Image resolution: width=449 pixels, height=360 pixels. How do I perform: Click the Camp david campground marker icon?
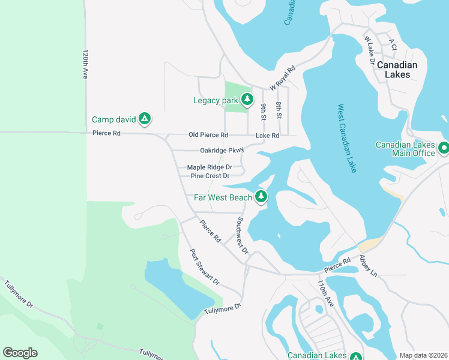(x=144, y=119)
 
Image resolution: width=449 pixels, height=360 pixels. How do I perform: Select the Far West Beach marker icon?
(x=261, y=196)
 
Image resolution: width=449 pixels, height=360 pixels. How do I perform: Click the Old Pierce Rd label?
(x=208, y=135)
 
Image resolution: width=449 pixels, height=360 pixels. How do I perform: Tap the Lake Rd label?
(x=268, y=136)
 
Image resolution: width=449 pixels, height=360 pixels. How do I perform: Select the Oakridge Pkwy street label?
(x=222, y=150)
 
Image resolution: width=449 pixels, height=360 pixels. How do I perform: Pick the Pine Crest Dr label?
(x=210, y=176)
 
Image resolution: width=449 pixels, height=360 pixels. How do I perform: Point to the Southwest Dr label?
(x=242, y=235)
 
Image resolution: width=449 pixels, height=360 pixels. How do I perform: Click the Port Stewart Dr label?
(x=205, y=267)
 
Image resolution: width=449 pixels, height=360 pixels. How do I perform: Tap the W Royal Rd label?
(x=283, y=78)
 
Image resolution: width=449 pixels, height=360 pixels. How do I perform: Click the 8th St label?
(x=279, y=110)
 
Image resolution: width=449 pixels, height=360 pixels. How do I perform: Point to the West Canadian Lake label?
(x=347, y=139)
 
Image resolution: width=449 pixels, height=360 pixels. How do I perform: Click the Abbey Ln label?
(x=368, y=265)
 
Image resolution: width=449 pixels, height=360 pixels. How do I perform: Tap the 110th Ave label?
(x=325, y=294)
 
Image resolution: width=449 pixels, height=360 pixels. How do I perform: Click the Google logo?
(x=20, y=353)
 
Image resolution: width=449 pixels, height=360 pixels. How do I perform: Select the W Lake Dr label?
(x=369, y=49)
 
